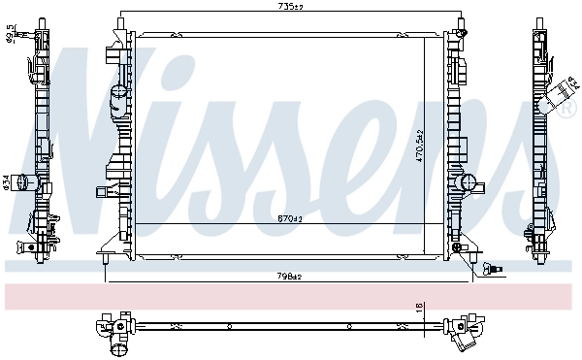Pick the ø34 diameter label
[x=6, y=181]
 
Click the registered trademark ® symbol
[x=569, y=112]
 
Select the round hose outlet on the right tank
[x=469, y=181]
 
